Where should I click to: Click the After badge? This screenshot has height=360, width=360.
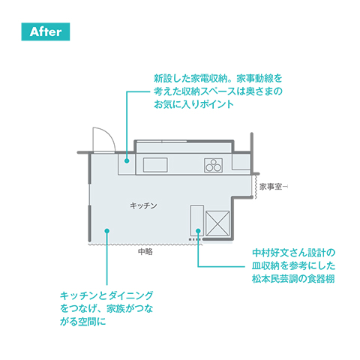(46, 31)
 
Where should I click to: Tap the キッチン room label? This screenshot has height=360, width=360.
(143, 205)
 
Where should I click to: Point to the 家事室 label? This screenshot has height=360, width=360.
(271, 187)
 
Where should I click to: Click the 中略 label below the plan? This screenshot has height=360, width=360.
(145, 251)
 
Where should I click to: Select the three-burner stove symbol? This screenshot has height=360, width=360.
(213, 165)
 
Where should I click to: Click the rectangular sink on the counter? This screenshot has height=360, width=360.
(155, 165)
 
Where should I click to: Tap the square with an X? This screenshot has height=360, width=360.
(217, 223)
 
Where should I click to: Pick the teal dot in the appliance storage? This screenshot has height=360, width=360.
(127, 160)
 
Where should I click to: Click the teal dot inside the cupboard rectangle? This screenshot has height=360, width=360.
(198, 231)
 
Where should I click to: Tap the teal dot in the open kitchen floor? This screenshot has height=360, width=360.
(107, 231)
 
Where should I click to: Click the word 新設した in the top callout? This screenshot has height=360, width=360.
(172, 79)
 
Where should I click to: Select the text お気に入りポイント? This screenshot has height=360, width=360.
(193, 104)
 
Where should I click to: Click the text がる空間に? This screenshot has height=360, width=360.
(83, 322)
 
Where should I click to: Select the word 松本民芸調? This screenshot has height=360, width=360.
(275, 279)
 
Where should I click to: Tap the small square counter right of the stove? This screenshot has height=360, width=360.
(241, 161)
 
